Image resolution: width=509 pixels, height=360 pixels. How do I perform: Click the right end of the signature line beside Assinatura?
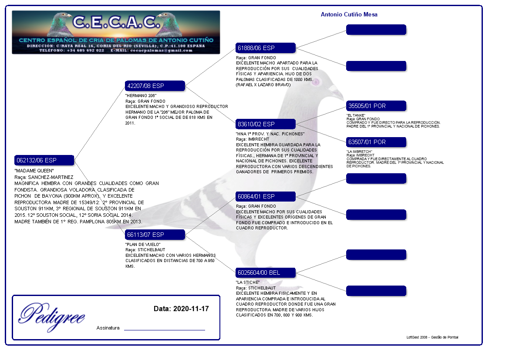tap(205, 330)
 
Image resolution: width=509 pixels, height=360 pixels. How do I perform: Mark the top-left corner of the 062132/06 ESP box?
tap(15, 155)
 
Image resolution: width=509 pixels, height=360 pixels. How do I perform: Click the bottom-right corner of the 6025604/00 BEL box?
tap(295, 278)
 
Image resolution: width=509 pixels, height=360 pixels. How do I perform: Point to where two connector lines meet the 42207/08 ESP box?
tap(185, 86)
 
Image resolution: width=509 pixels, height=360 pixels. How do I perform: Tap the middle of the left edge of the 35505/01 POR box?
tap(346, 106)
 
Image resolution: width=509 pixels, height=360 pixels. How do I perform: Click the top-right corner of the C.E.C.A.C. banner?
tap(220, 11)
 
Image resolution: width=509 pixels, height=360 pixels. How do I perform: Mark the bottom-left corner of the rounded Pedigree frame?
tap(12, 340)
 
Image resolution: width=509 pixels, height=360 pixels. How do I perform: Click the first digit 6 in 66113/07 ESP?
tap(129, 235)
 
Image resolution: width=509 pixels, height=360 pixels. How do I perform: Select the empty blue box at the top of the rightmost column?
tap(376, 30)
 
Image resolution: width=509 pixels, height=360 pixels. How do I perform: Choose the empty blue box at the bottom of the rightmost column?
tap(376, 291)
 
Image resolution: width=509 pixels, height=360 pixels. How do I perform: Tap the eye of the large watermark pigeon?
tap(316, 81)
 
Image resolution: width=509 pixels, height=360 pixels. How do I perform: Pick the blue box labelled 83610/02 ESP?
tap(266, 124)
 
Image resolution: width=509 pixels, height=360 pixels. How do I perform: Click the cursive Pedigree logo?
tap(52, 316)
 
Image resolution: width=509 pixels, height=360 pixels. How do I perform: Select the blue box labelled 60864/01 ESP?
tap(266, 196)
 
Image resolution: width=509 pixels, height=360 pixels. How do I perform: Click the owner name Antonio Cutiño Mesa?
tap(349, 15)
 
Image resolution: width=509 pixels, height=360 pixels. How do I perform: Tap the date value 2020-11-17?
tap(191, 309)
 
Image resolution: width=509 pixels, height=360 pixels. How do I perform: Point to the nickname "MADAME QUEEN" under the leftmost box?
tap(34, 171)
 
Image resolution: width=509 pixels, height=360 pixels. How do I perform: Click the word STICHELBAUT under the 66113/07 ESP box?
tap(151, 249)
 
